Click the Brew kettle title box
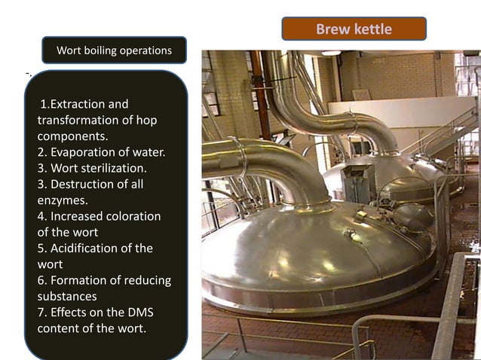click(354, 29)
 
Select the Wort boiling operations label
click(114, 50)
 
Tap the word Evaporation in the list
click(84, 152)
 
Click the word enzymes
click(63, 200)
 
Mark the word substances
click(67, 296)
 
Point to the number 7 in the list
click(41, 312)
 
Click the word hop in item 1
click(146, 120)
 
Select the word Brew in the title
click(332, 29)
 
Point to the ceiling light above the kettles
click(331, 53)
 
